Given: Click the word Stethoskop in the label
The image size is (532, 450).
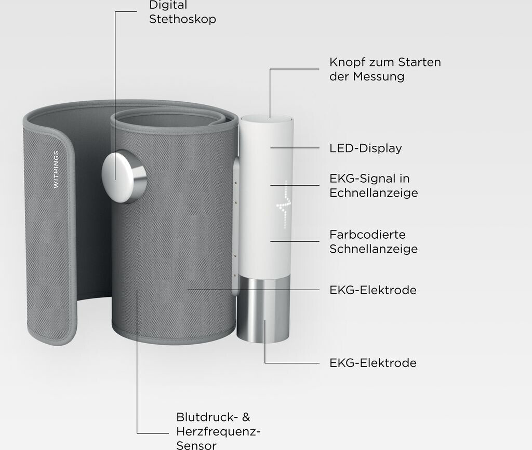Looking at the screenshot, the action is click(182, 19).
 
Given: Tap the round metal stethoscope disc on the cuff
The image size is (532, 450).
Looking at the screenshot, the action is click(124, 176).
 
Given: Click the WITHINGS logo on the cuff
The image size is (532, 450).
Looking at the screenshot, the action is click(56, 169).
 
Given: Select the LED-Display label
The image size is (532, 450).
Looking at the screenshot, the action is click(365, 148).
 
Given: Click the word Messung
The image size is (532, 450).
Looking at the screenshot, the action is click(378, 76).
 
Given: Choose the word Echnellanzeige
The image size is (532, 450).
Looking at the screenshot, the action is click(374, 193).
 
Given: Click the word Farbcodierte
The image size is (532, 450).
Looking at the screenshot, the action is click(367, 235).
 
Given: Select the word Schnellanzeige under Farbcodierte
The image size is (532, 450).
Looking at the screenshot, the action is click(374, 249).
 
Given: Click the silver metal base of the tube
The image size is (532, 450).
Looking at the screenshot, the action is click(263, 309).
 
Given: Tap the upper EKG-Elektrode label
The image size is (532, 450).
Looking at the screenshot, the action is click(373, 290).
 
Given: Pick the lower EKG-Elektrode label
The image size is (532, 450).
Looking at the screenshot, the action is click(373, 363).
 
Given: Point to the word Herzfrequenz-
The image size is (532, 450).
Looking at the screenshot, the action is click(219, 432).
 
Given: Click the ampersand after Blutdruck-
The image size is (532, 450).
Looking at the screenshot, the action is click(246, 417).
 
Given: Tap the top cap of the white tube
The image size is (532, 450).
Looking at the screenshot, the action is click(267, 119).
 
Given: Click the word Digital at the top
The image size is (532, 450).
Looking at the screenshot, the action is click(168, 5).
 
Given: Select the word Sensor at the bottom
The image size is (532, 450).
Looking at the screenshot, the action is click(196, 445).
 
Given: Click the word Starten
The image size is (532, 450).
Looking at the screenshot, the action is click(419, 62).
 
